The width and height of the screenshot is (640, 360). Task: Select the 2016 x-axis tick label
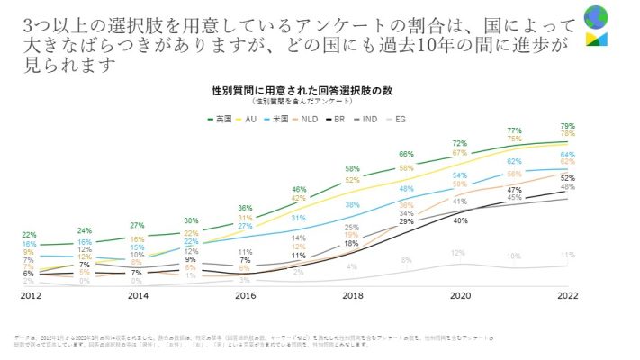[245, 295]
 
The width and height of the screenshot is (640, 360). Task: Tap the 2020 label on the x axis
[460, 295]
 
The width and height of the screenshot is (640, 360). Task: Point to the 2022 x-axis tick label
[567, 295]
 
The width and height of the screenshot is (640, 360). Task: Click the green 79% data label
[567, 125]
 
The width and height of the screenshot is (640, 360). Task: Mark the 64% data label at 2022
[567, 155]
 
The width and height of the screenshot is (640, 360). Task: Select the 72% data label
[459, 143]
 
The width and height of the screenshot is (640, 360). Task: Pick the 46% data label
[298, 189]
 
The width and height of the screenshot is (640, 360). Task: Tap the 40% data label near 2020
[460, 220]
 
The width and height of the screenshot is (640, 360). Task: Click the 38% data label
[352, 204]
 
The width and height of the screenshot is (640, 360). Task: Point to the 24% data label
[84, 230]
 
